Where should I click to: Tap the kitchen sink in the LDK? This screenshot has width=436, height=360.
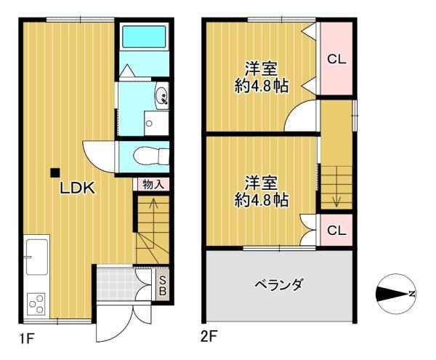coord(35,255)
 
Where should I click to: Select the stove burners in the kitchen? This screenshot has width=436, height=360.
coord(36,301)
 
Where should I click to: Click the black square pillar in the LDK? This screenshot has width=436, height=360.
coord(54,172)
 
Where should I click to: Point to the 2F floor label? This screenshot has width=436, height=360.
coord(209,337)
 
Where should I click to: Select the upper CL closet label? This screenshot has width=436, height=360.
coord(336,60)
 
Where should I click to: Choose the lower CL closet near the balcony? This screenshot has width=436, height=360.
coord(336,231)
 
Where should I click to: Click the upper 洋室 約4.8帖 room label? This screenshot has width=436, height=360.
coord(260,77)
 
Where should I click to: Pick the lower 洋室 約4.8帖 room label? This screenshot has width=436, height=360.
coord(260,191)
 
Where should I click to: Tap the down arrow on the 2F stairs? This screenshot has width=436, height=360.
coord(336,196)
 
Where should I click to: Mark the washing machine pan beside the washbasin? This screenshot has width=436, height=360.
coord(154,123)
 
